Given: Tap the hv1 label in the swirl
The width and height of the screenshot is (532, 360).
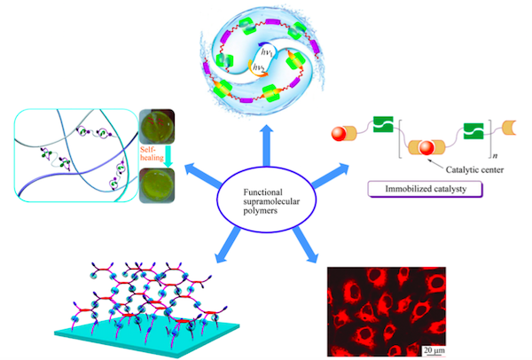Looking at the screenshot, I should pos(261,51).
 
